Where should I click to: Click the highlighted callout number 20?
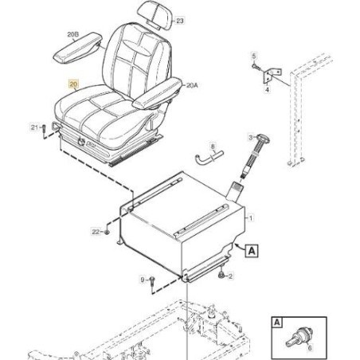[x=73, y=84]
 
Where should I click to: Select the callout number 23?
[x=180, y=21]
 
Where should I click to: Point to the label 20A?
[x=192, y=85]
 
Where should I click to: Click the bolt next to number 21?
[x=44, y=130]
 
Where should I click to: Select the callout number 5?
[x=254, y=57]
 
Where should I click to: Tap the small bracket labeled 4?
[x=272, y=76]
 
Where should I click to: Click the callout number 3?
[x=251, y=137]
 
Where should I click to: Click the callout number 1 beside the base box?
[x=251, y=218]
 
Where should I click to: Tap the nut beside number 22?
[x=107, y=233]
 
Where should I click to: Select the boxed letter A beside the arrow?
[x=252, y=251]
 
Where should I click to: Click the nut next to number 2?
[x=221, y=276]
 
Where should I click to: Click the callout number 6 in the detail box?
[x=310, y=347]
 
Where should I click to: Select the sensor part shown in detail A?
[x=299, y=338]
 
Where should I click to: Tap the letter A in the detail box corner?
[x=277, y=322]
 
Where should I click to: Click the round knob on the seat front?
[x=81, y=142]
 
